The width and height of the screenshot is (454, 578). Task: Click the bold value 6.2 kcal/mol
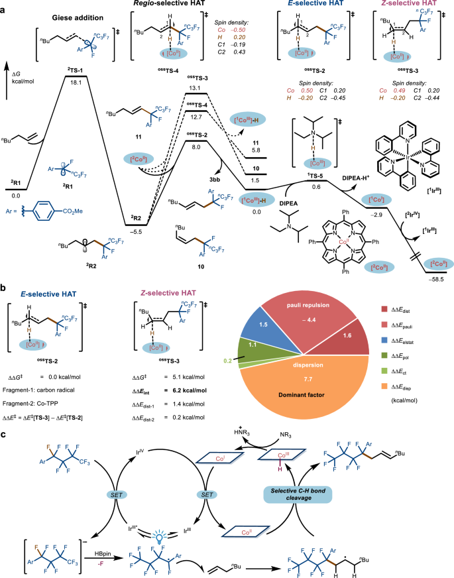pos(180,391)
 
